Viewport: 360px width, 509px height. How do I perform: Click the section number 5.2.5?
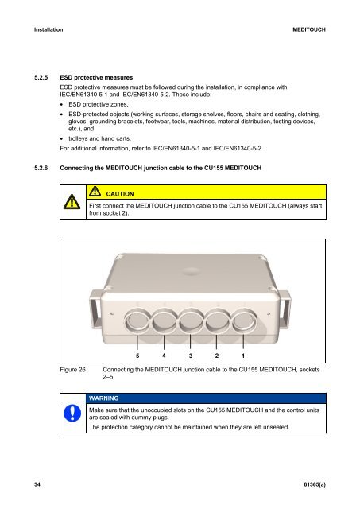point(41,78)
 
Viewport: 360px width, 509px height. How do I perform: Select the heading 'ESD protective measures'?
point(96,78)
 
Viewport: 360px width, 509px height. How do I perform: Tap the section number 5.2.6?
point(41,168)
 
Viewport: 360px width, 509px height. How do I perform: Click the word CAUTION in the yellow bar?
point(120,194)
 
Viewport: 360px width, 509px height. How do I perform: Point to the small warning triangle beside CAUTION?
point(95,191)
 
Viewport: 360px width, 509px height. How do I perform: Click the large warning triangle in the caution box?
point(72,202)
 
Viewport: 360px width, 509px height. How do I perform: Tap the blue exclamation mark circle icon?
point(72,414)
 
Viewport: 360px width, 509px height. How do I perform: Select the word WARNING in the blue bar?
point(104,398)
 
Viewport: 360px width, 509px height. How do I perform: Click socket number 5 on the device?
point(137,321)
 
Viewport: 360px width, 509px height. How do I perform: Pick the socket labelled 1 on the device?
point(244,321)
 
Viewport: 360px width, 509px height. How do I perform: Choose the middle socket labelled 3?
point(191,321)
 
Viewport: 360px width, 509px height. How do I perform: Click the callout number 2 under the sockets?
point(217,356)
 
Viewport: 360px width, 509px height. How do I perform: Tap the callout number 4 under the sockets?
point(164,356)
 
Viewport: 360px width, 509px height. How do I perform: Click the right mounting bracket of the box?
point(285,309)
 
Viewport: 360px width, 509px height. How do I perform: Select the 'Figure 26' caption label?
point(72,370)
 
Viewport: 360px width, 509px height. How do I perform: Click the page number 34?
point(37,484)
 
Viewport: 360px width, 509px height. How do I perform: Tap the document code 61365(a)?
point(315,484)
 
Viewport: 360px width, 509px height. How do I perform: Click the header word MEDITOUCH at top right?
point(309,30)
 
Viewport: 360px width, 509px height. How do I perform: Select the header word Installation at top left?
point(48,30)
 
